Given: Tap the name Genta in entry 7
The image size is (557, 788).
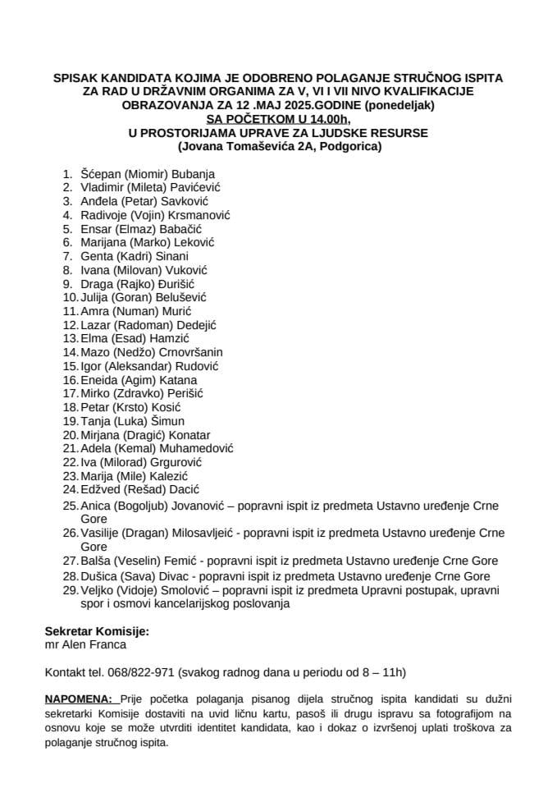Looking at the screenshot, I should (x=97, y=256).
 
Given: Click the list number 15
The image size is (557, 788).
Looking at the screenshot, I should (x=71, y=366).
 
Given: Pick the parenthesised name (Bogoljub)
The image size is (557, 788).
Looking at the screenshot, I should (x=142, y=506).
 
